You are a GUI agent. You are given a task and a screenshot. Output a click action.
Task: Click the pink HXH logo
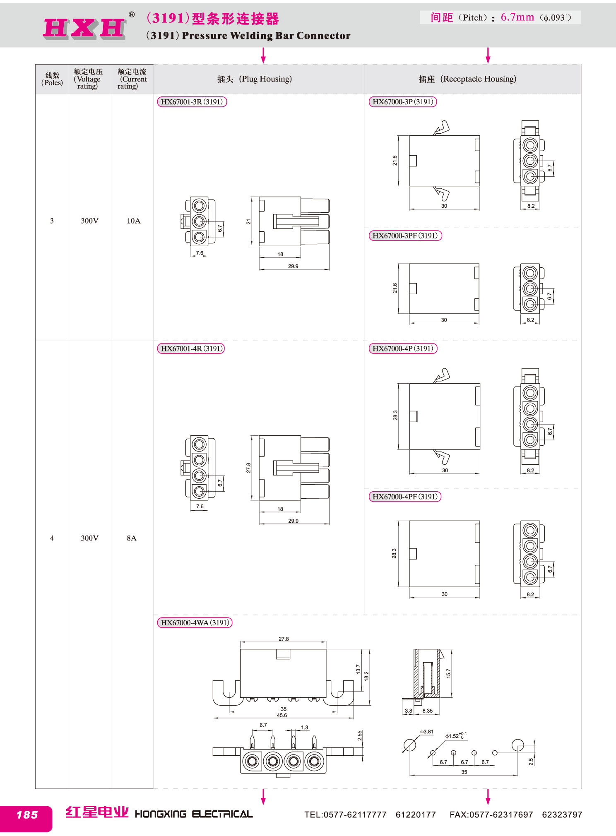pos(84,29)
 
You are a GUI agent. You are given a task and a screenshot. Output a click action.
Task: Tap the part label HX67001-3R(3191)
pos(192,102)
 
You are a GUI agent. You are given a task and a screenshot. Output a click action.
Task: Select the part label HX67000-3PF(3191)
pos(405,235)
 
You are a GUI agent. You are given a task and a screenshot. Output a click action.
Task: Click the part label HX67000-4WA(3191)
pos(195,622)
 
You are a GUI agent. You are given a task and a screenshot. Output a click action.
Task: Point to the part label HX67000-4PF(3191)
pos(405,496)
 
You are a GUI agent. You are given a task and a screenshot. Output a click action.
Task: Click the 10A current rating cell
pos(133,221)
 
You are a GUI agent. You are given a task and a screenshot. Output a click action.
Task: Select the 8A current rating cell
pos(132,538)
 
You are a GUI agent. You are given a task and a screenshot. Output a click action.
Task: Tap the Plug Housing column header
pos(255,79)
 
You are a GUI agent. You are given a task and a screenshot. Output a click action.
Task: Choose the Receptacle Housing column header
pos(467,79)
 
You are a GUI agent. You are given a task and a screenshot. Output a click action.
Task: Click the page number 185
pos(27,815)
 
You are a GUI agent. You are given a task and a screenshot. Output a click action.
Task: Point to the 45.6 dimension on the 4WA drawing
pos(282,715)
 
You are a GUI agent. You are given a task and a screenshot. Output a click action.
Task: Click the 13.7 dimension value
pos(359,669)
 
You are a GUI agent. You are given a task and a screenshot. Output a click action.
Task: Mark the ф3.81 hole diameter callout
pos(427,732)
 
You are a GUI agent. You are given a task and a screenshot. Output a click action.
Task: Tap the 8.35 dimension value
pos(428,711)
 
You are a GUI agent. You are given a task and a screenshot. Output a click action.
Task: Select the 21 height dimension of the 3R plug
pos(248,222)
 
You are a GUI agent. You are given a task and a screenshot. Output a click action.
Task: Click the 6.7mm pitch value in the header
pos(517,17)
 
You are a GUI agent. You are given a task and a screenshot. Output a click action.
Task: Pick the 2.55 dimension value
pos(360,735)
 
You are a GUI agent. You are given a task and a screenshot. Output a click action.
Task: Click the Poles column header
pos(53,79)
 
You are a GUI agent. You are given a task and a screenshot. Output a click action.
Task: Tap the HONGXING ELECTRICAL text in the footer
pos(194,814)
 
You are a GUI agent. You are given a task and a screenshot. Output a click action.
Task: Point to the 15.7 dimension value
pos(448,673)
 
